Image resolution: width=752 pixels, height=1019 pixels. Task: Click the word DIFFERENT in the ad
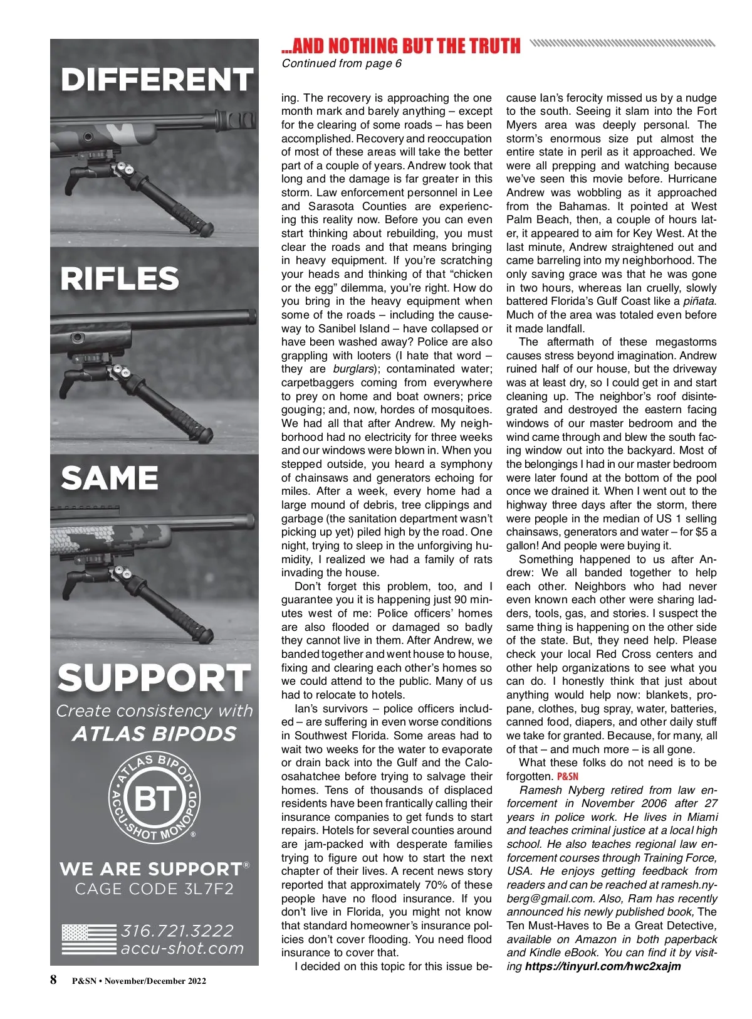156,80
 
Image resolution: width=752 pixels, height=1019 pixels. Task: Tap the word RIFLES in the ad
120,278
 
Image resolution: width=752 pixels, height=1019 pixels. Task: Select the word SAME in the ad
110,478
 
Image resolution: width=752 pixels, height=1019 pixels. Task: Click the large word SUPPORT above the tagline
154,678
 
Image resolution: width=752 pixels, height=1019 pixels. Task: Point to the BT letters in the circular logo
154,799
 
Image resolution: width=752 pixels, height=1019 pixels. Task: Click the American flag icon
88,939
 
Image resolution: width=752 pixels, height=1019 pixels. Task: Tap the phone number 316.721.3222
177,930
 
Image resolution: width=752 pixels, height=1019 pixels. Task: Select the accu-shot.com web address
182,948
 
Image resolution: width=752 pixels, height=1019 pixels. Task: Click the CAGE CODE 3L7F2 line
154,889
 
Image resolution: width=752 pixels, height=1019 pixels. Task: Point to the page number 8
54,980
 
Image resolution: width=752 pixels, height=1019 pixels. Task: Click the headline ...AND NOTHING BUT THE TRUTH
401,46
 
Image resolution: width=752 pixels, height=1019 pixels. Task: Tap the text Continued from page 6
342,63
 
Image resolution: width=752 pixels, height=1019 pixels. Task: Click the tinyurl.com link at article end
603,966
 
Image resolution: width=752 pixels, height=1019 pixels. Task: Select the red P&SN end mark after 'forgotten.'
568,776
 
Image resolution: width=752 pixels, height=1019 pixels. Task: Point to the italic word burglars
353,369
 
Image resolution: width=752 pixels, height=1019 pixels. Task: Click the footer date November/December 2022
155,981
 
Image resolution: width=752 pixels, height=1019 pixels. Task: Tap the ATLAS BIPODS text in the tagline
154,734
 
